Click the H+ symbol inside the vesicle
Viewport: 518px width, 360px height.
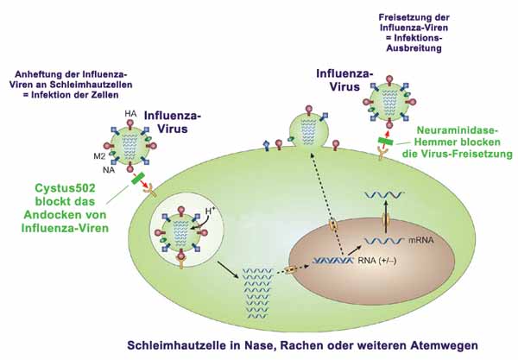pyautogui.click(x=209, y=209)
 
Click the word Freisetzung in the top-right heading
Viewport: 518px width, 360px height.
pyautogui.click(x=405, y=16)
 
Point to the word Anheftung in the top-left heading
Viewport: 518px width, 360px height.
pyautogui.click(x=63, y=73)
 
